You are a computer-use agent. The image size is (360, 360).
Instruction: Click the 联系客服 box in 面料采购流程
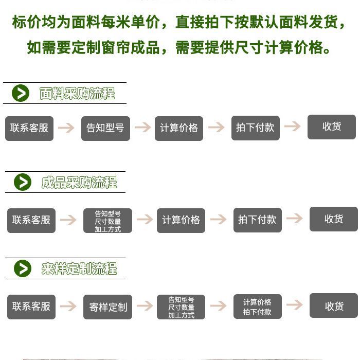coord(29,128)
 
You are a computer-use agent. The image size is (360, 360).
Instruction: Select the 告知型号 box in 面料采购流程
coord(105,128)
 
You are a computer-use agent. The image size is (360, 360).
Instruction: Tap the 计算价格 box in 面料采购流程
coord(179,128)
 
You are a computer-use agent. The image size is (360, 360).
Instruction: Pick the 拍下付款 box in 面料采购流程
coord(255,128)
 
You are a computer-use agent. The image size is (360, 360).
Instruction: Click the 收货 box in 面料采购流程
coord(332,127)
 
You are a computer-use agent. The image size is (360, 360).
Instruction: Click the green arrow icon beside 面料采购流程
coord(21,93)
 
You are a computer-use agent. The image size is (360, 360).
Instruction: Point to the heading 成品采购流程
coord(79,183)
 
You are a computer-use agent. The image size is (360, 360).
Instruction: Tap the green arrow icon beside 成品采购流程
coord(22,182)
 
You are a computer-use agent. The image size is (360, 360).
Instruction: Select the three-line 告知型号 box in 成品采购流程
coord(107,221)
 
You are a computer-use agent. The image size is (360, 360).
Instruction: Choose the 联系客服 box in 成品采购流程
coord(31,220)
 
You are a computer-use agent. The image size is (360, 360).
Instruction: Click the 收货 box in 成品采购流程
coord(333,219)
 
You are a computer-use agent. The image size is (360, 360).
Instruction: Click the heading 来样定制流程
coord(79,268)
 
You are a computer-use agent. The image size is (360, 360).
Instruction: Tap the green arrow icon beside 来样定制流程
coord(22,268)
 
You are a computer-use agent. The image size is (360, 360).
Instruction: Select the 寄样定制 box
coord(107,307)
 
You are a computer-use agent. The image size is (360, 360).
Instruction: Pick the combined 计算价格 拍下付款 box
coord(257,307)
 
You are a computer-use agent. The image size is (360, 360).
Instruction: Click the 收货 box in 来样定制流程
coord(333,306)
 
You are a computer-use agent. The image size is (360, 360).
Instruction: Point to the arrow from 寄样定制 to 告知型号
coord(145,306)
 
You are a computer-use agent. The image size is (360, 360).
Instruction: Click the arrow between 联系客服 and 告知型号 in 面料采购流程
coord(66,128)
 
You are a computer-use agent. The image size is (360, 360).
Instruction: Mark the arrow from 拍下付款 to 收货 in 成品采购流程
coord(295,219)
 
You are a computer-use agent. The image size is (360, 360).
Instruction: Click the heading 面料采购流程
coord(77,93)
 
